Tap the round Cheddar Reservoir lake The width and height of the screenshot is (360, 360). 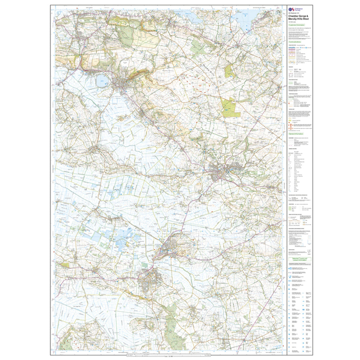coord(102,81)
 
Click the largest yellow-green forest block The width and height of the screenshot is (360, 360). coord(230,108)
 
